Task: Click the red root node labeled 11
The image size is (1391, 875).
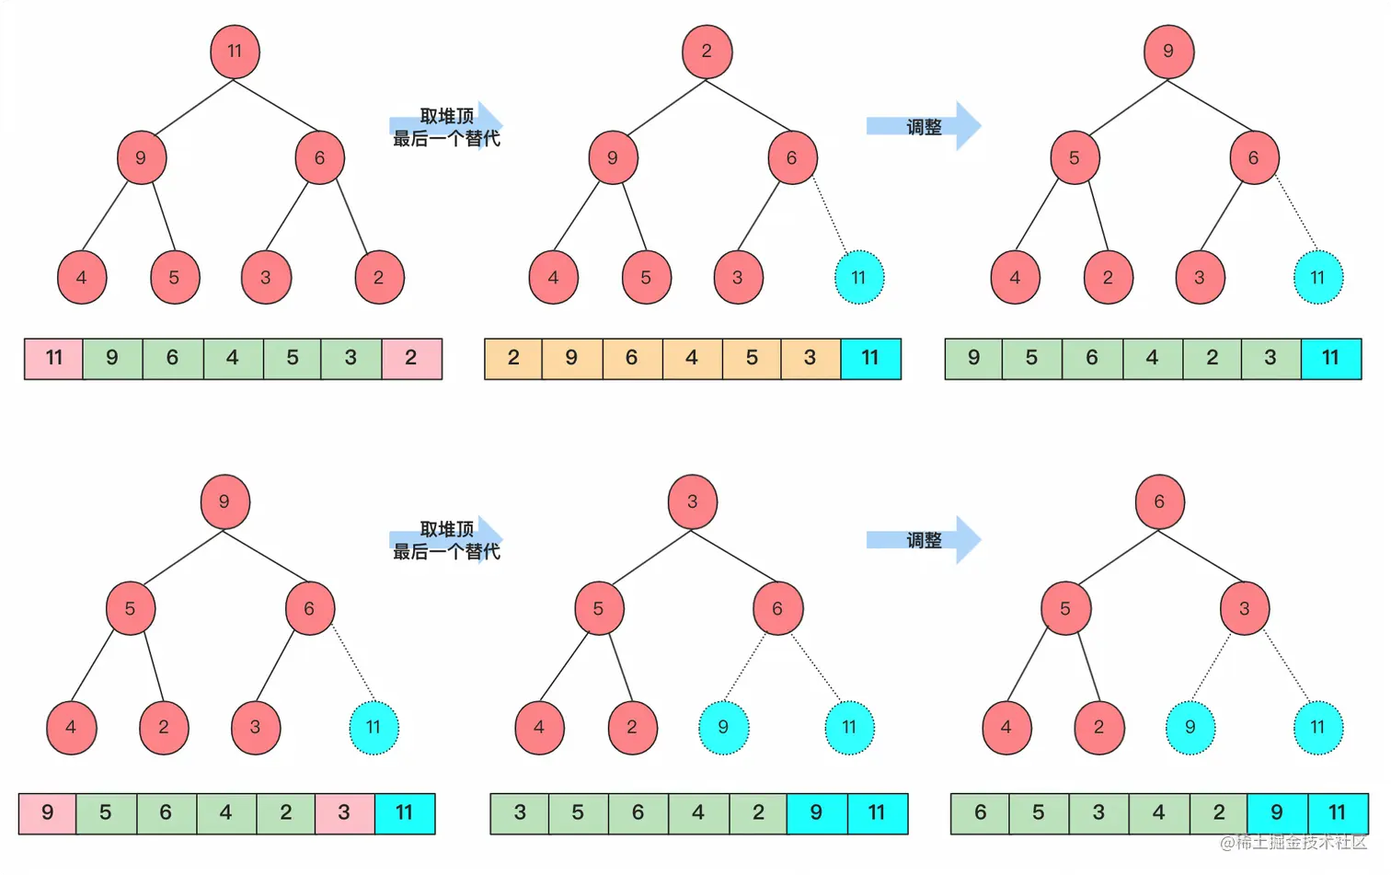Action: tap(235, 52)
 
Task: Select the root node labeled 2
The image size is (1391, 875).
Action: tap(707, 52)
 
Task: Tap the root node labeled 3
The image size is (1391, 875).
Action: tap(692, 502)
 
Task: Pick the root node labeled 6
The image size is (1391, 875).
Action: tap(1159, 502)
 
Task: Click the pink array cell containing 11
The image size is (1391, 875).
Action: tap(53, 359)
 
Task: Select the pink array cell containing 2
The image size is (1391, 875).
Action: tap(411, 359)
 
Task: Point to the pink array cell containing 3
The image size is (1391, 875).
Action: tap(344, 813)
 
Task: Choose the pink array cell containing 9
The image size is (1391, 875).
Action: tap(47, 813)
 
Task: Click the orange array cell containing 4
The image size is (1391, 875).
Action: tap(692, 359)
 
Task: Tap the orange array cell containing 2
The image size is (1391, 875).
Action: tap(513, 359)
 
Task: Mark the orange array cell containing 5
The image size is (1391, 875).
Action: tap(752, 359)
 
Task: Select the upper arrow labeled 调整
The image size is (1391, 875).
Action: tap(924, 127)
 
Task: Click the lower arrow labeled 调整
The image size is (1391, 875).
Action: tap(924, 540)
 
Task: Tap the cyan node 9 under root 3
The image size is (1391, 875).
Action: tap(723, 728)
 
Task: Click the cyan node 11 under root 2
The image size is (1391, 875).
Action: tap(858, 278)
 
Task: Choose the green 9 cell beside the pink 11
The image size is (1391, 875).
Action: tap(112, 359)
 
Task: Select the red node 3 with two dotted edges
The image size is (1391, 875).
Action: tap(1244, 609)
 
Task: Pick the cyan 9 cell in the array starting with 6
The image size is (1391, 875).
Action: tap(1277, 813)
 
